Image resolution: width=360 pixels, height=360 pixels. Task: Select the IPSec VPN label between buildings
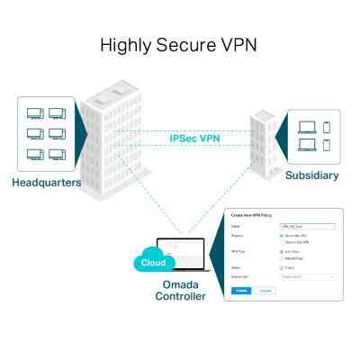tap(195, 139)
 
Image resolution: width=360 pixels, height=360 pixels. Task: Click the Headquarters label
tap(47, 183)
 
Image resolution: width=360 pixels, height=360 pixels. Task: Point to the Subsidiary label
tap(311, 175)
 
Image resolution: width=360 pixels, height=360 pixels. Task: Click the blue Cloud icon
tap(152, 262)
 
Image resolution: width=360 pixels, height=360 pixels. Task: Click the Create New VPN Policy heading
tap(251, 216)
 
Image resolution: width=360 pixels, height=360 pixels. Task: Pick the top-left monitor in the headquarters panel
tap(35, 115)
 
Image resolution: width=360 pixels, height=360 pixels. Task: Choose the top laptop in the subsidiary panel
tap(305, 123)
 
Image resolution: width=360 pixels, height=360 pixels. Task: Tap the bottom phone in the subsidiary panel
tap(326, 143)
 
